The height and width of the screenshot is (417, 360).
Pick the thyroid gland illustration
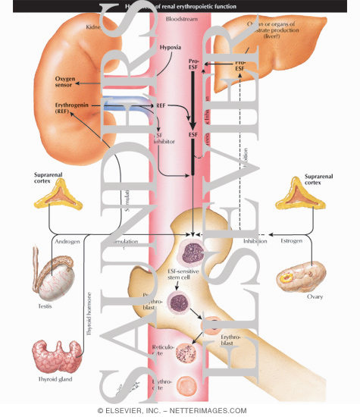(57, 356)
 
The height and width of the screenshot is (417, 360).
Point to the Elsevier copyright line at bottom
(180, 410)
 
